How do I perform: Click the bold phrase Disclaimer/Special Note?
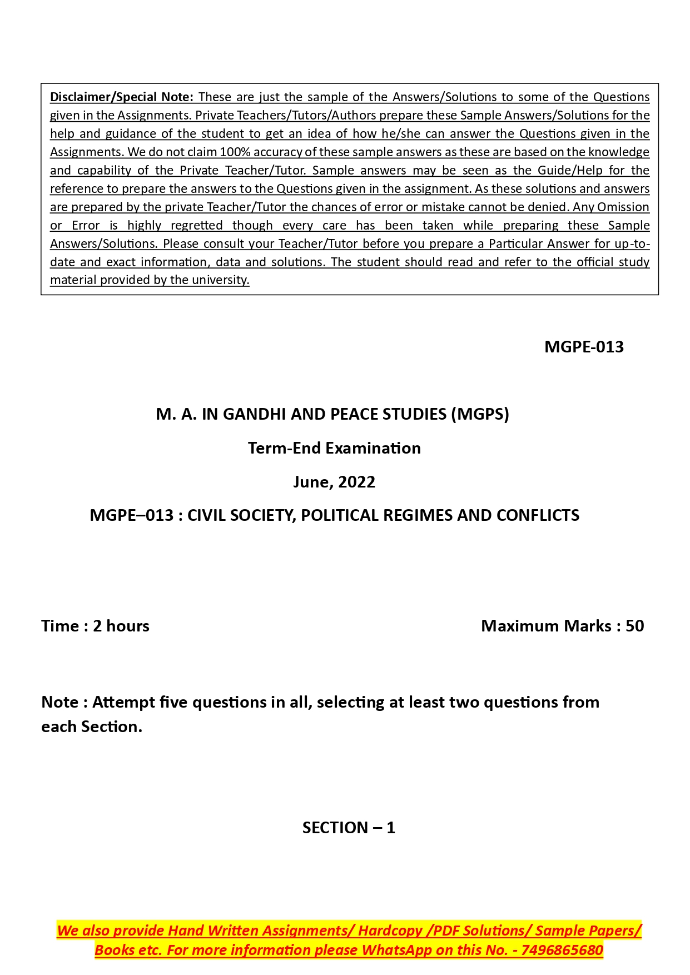coord(121,97)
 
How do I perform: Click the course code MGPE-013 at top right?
coord(584,347)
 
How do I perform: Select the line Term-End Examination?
coord(334,448)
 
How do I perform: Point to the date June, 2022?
coord(334,482)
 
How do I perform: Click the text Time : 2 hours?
coord(95,626)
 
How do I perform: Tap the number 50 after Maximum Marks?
coord(634,626)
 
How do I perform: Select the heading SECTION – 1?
coord(349,828)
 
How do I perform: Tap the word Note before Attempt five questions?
coord(59,702)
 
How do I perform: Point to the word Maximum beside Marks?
coord(520,626)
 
